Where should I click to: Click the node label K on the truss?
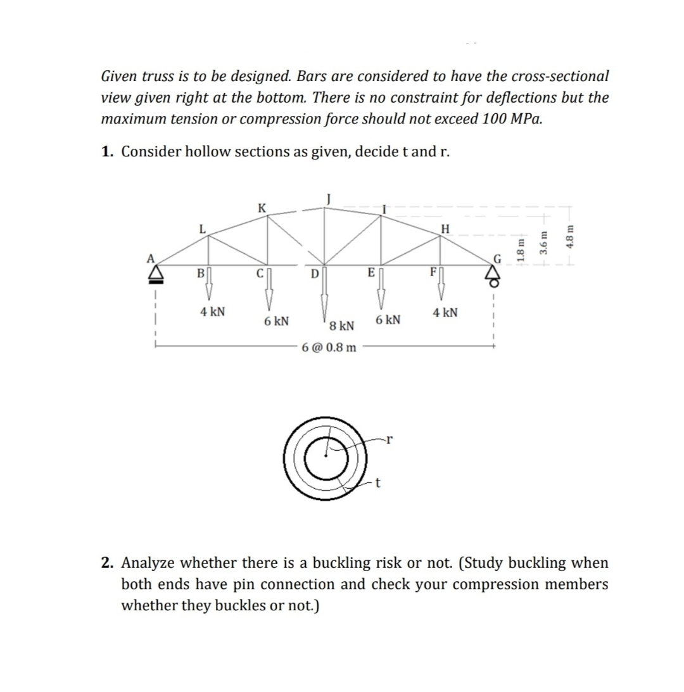[262, 207]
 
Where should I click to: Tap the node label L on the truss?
[202, 229]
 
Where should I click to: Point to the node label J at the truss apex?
[327, 197]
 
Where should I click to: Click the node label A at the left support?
[151, 258]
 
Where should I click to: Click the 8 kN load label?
[342, 326]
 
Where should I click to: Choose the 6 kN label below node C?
[277, 321]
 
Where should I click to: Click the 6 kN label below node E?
[388, 320]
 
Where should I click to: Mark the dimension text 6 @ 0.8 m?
[329, 348]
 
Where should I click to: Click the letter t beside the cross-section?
[378, 484]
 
